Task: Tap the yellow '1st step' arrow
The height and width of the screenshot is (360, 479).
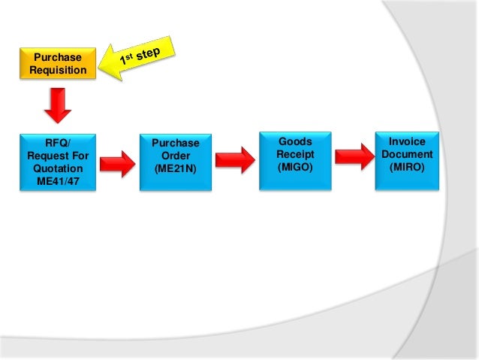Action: click(143, 59)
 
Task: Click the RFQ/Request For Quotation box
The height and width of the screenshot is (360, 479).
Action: click(59, 162)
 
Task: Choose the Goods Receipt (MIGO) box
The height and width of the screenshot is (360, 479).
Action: click(295, 160)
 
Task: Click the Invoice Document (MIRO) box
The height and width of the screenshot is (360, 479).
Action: click(406, 159)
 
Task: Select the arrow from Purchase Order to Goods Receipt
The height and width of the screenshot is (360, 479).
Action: click(235, 160)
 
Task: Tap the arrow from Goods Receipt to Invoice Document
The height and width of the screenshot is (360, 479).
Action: click(353, 157)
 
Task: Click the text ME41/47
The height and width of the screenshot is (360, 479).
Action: click(59, 180)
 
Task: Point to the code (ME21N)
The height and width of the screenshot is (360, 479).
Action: click(175, 168)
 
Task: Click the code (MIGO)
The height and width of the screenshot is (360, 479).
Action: click(295, 167)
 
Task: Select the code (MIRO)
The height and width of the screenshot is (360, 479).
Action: click(406, 167)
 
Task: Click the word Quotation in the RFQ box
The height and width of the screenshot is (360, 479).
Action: click(59, 168)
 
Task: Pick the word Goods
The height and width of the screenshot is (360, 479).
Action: click(295, 141)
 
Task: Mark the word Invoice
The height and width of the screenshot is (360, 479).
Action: click(406, 141)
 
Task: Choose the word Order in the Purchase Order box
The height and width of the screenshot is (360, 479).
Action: click(175, 156)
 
